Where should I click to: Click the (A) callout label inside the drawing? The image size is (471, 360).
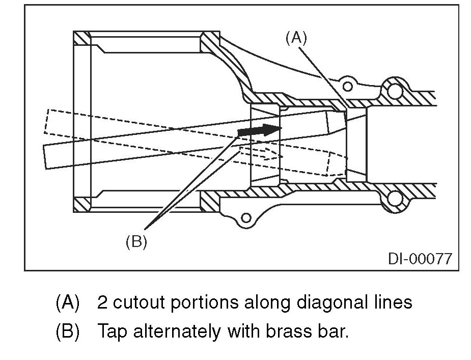point(296,38)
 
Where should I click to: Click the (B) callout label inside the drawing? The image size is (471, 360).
point(136,242)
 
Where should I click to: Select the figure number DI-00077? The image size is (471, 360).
point(420,258)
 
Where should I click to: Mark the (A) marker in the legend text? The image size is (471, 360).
point(67,302)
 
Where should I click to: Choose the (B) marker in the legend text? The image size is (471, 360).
point(67,332)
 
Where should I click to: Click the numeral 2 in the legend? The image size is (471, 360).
point(102,302)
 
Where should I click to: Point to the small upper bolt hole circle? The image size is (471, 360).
point(348,85)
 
